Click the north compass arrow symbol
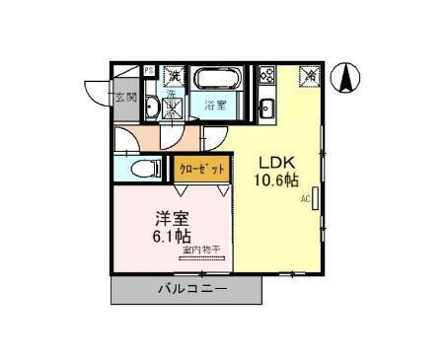tap(348, 77)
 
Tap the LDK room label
tap(276, 163)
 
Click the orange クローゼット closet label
tap(202, 170)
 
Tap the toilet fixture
tap(143, 168)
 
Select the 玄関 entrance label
tap(125, 97)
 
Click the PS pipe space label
tap(149, 71)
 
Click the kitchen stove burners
tap(266, 75)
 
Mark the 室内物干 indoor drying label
tap(203, 252)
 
